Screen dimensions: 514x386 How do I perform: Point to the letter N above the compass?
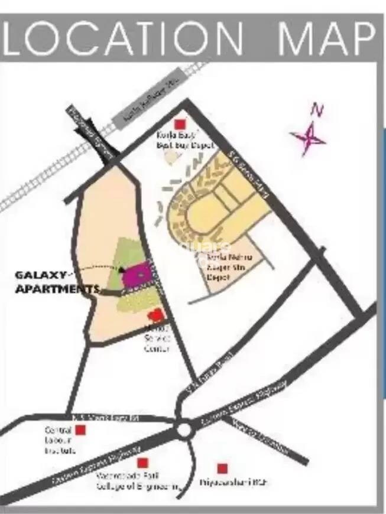point(317,110)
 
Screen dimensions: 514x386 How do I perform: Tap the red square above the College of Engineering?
point(141,463)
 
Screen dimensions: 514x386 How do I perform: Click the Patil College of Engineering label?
point(138,482)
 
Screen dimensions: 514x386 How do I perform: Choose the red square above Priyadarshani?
point(222,469)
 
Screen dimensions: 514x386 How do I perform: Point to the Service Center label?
point(158,341)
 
